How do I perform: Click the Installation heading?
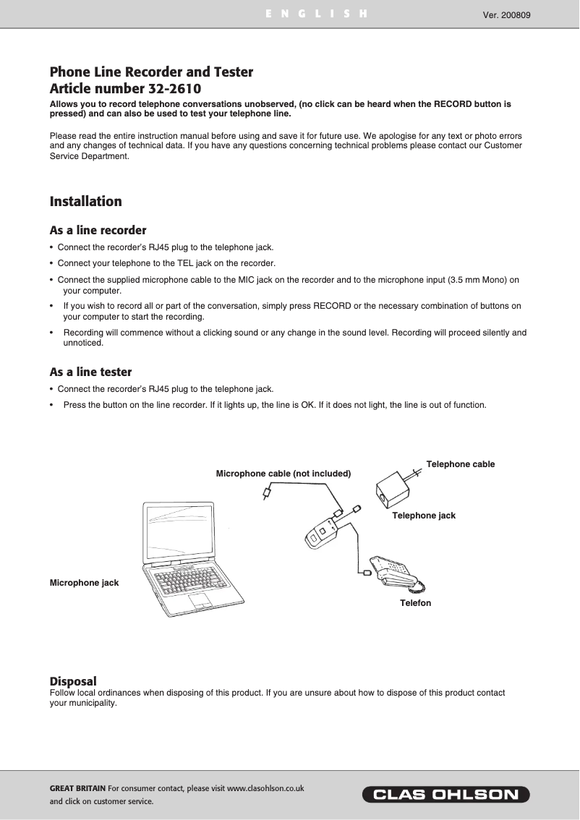pyautogui.click(x=85, y=202)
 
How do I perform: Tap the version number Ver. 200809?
pyautogui.click(x=506, y=14)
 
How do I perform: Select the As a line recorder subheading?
pyautogui.click(x=98, y=231)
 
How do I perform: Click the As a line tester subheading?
pyautogui.click(x=90, y=372)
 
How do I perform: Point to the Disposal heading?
pyautogui.click(x=72, y=681)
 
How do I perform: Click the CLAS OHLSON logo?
pyautogui.click(x=445, y=795)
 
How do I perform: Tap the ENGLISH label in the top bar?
pyautogui.click(x=316, y=14)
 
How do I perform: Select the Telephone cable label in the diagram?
pyautogui.click(x=461, y=464)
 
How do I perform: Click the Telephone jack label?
pyautogui.click(x=424, y=516)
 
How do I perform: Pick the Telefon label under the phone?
pyautogui.click(x=415, y=602)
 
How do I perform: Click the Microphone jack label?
pyautogui.click(x=84, y=583)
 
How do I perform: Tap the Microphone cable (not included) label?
pyautogui.click(x=283, y=474)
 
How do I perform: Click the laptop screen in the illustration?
pyautogui.click(x=180, y=532)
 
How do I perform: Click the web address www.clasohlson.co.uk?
pyautogui.click(x=265, y=788)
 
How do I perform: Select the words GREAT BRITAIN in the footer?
pyautogui.click(x=77, y=788)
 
